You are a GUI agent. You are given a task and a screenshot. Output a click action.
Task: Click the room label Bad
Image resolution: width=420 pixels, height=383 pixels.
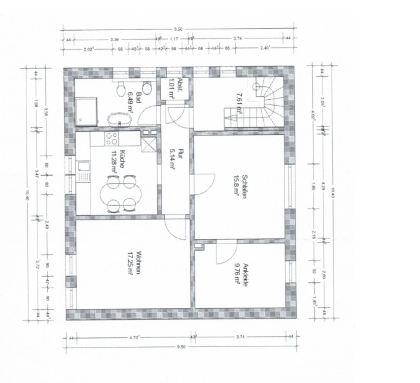tap(139, 98)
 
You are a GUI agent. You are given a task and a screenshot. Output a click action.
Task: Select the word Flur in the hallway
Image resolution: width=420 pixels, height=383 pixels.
tap(181, 153)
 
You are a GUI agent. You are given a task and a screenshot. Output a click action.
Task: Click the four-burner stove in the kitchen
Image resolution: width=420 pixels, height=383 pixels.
tap(111, 139)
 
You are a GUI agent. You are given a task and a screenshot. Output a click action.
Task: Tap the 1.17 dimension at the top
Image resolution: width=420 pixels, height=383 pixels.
tap(174, 39)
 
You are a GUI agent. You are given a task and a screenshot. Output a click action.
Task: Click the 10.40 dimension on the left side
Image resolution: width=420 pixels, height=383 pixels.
tap(27, 193)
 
